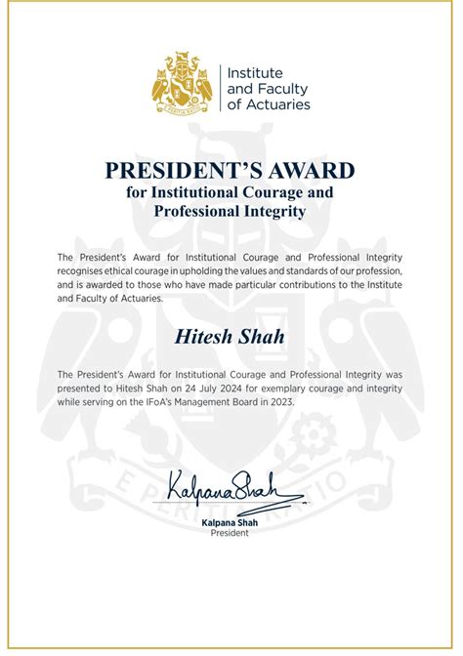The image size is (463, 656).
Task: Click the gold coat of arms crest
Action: (x=182, y=84)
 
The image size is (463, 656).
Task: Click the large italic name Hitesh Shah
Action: (x=231, y=337)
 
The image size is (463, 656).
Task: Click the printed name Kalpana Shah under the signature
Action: (x=231, y=522)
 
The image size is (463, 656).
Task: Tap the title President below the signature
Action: (x=231, y=533)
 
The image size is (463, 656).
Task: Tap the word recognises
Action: (x=85, y=269)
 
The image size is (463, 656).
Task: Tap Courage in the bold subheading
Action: (x=271, y=192)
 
